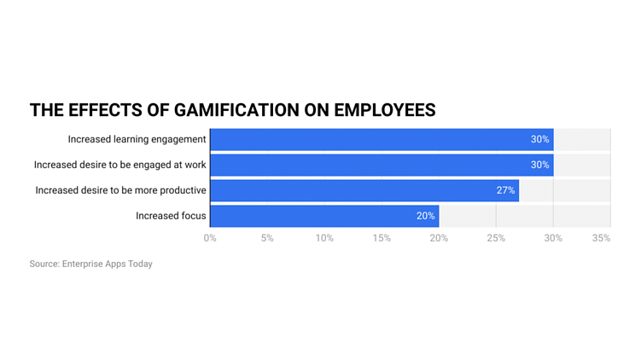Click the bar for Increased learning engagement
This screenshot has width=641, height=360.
(x=381, y=139)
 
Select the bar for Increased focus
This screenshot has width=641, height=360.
(x=324, y=216)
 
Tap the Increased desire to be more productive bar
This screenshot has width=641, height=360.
(x=364, y=190)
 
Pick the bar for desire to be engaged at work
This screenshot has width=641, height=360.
(x=381, y=165)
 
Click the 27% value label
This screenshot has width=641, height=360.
(x=505, y=190)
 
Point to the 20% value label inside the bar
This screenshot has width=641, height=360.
(x=425, y=216)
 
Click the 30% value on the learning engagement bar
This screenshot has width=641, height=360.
(x=539, y=139)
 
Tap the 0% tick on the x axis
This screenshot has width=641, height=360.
(x=210, y=239)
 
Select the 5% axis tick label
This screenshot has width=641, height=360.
(x=267, y=239)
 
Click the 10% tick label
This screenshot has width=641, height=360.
(x=324, y=239)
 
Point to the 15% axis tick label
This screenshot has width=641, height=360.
(x=382, y=239)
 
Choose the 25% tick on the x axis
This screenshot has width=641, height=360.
(x=496, y=239)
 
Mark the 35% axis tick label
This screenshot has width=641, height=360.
(x=602, y=239)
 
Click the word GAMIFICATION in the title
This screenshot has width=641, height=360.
(x=222, y=110)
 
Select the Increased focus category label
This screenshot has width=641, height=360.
(x=171, y=216)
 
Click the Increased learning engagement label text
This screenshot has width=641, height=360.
(x=137, y=139)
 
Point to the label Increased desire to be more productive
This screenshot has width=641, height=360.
(x=120, y=190)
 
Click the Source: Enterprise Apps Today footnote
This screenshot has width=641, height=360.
(x=91, y=264)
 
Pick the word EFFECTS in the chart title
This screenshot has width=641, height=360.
(x=101, y=110)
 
